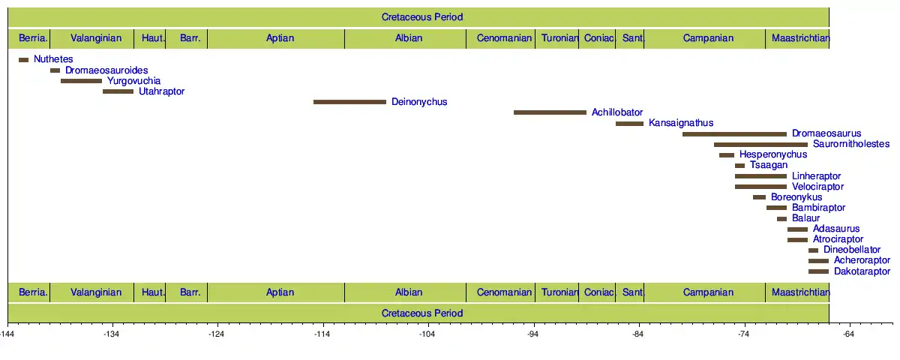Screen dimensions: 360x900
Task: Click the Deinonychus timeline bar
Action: pos(349,102)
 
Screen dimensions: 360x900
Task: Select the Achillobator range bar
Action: pos(550,112)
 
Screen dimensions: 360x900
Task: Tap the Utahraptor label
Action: pos(161,91)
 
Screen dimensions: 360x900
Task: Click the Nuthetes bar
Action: pos(23,60)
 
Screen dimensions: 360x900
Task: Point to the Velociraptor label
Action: pos(817,187)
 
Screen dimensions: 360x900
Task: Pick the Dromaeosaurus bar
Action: pos(734,134)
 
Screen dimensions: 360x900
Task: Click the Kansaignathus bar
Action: pos(629,124)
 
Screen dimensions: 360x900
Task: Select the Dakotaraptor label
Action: pos(862,271)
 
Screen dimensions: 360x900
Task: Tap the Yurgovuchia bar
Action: pos(81,81)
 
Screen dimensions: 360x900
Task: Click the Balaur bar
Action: pos(781,219)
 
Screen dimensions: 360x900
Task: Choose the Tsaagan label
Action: pos(769,166)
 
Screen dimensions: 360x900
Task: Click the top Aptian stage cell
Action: pos(276,38)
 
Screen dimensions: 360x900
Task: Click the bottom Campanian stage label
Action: pos(708,292)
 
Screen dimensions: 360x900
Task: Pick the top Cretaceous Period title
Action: pos(422,17)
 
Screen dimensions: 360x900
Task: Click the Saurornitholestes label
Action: pos(850,145)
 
